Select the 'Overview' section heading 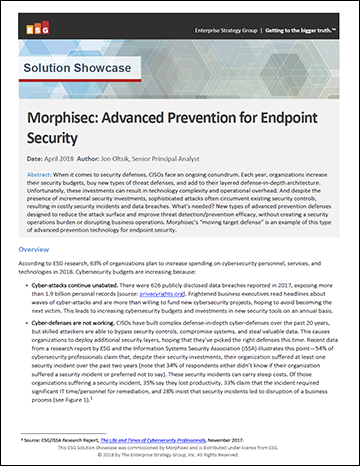pyautogui.click(x=38, y=248)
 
